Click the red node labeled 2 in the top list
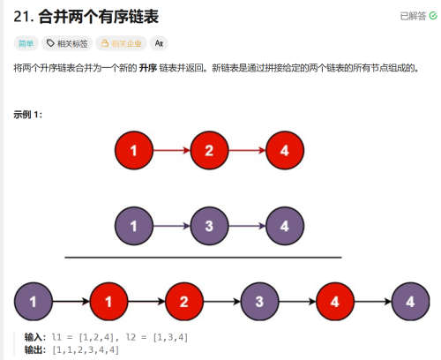(x=209, y=150)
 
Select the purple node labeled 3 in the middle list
(x=209, y=226)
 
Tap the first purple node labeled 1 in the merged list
(x=34, y=302)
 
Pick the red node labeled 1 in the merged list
(x=108, y=302)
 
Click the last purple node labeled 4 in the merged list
(x=410, y=302)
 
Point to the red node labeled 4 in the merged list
(x=335, y=302)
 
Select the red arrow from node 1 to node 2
(x=172, y=150)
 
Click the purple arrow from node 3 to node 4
(x=247, y=226)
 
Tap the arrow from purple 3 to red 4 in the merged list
(x=297, y=302)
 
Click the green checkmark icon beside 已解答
(x=433, y=16)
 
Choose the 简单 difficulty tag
(x=26, y=43)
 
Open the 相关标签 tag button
(x=67, y=43)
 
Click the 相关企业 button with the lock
(x=121, y=43)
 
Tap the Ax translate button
(x=159, y=43)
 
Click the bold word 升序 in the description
(x=148, y=68)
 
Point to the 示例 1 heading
(x=28, y=115)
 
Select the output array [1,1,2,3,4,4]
(x=86, y=349)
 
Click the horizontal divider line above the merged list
(x=203, y=258)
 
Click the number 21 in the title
(x=21, y=17)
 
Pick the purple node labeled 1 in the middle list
(x=134, y=226)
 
